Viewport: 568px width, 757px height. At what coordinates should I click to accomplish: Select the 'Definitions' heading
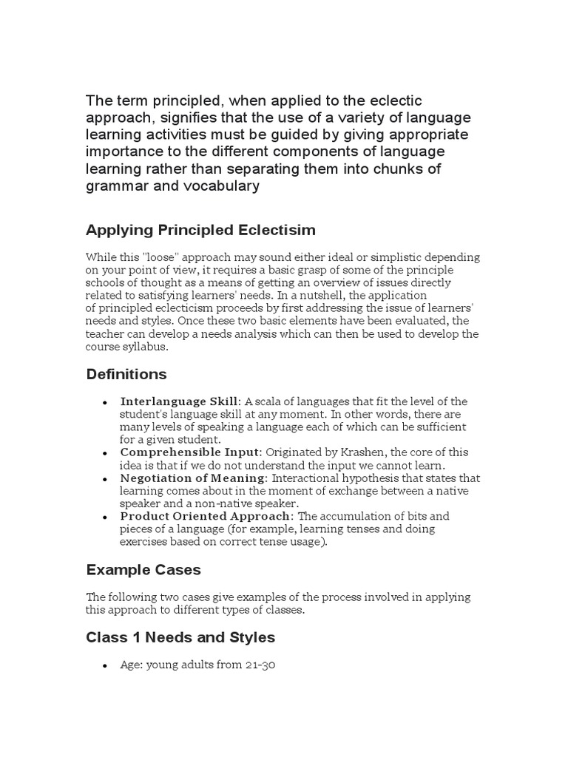pos(126,374)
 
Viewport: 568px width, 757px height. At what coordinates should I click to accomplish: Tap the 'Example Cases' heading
pos(143,570)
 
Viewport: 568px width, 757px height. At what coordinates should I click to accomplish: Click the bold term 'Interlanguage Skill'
pos(179,401)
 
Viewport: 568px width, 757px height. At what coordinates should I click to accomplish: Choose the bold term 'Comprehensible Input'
pos(189,452)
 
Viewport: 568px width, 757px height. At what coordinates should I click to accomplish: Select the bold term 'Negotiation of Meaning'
pos(193,478)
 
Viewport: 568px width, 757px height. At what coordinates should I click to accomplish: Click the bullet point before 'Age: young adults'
pos(106,666)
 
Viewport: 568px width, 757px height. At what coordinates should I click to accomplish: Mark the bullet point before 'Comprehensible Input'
pos(106,453)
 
